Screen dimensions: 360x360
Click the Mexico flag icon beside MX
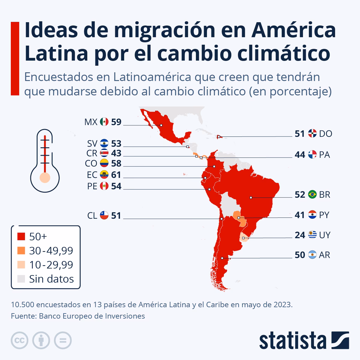pos(104,122)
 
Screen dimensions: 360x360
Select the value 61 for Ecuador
pos(116,175)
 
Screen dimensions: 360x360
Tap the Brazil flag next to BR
pos(312,195)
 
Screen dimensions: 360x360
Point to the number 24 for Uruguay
pos(300,235)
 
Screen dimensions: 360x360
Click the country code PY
pos(324,215)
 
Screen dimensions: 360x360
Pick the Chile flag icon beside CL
pos(104,215)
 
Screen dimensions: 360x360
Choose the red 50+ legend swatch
pos(21,237)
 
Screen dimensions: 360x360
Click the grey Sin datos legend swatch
pos(21,279)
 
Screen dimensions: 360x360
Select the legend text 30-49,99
pos(51,251)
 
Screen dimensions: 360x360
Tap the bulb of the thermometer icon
pos(45,177)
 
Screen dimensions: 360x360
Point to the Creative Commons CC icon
pos(20,340)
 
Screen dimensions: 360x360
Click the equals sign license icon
pos(63,340)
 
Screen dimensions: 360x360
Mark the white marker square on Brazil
pos(251,197)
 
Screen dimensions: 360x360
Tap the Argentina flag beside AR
pos(312,255)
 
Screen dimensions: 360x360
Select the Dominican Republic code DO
pos(325,134)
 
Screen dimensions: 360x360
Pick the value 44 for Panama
pos(300,155)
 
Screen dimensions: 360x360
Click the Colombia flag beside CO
pos(104,163)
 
